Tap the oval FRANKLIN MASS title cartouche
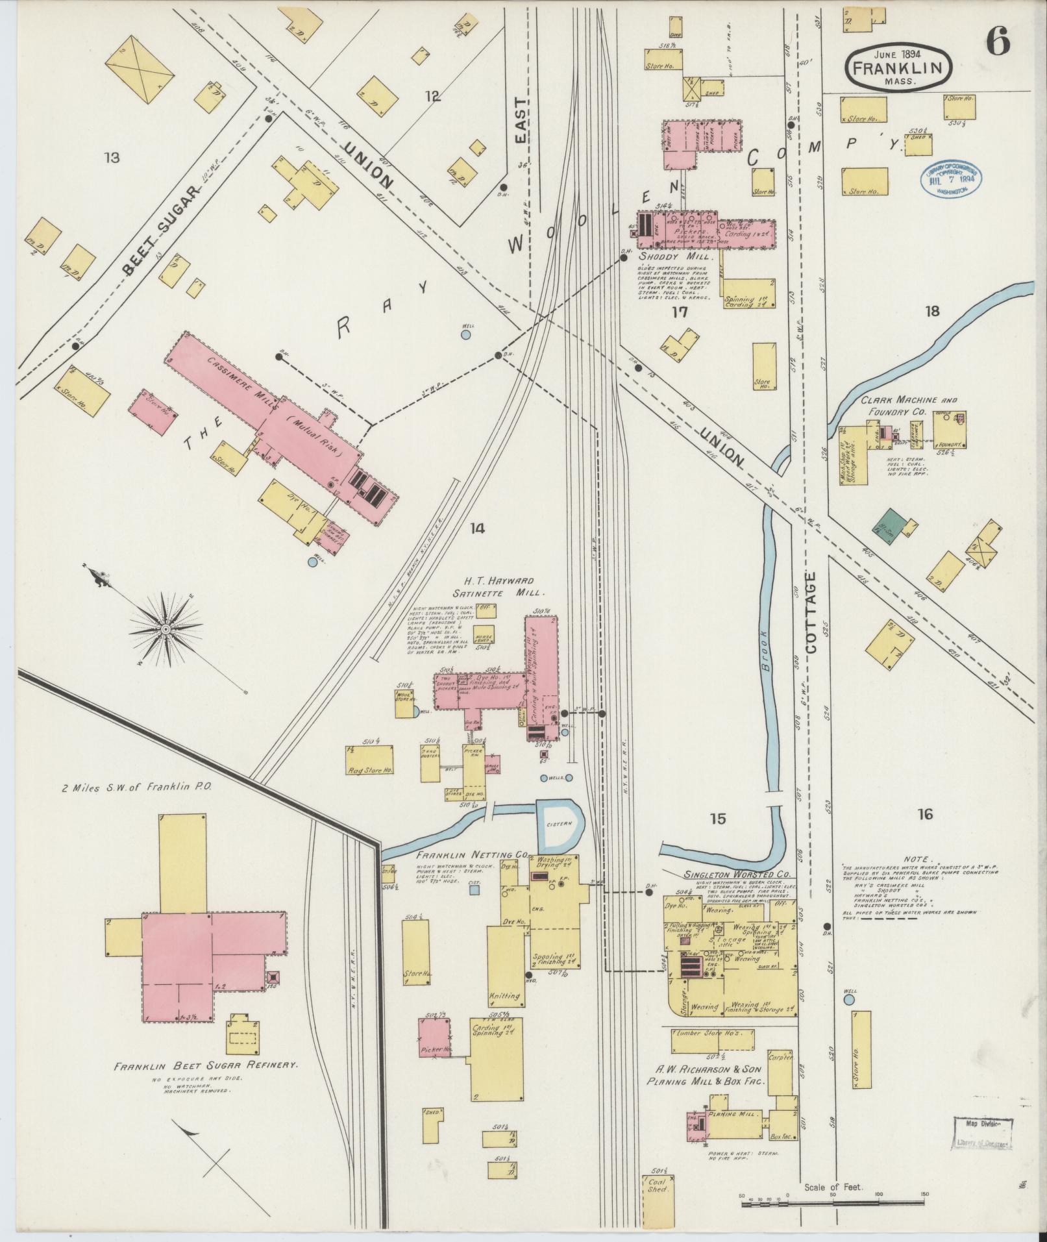coord(898,66)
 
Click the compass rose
coord(166,629)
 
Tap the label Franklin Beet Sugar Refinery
coord(206,1066)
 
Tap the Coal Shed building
coord(657,1186)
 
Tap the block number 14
coord(477,528)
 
